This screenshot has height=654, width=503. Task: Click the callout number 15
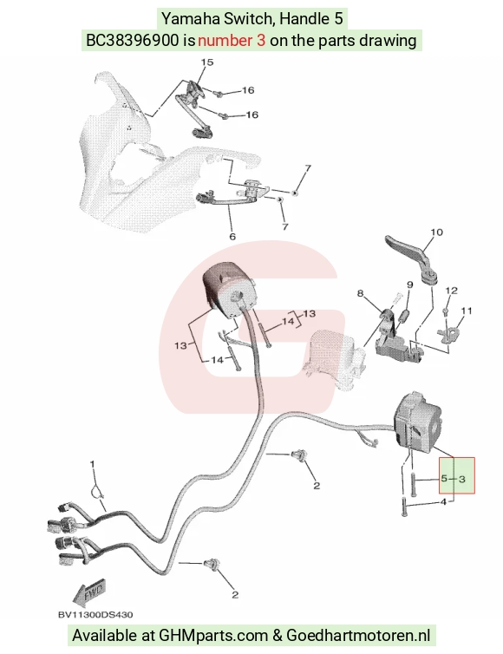pyautogui.click(x=207, y=62)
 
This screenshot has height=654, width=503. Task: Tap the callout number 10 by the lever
pyautogui.click(x=436, y=232)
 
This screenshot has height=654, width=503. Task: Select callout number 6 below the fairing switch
pyautogui.click(x=232, y=237)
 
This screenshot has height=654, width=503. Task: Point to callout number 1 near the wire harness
pyautogui.click(x=93, y=464)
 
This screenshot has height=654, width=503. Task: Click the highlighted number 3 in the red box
pyautogui.click(x=461, y=480)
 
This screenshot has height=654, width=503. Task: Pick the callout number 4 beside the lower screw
pyautogui.click(x=443, y=501)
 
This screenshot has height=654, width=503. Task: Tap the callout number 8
pyautogui.click(x=361, y=294)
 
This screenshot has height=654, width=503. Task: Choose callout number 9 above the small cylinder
pyautogui.click(x=410, y=284)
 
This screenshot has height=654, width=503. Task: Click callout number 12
pyautogui.click(x=451, y=291)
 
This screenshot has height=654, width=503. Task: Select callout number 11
pyautogui.click(x=467, y=311)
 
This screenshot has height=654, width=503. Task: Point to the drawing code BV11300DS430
pyautogui.click(x=95, y=614)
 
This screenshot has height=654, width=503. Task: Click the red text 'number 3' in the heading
pyautogui.click(x=232, y=41)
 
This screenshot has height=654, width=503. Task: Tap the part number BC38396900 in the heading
pyautogui.click(x=132, y=41)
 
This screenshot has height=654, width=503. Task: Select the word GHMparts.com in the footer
pyautogui.click(x=213, y=636)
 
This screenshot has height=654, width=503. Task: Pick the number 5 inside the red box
pyautogui.click(x=444, y=479)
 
